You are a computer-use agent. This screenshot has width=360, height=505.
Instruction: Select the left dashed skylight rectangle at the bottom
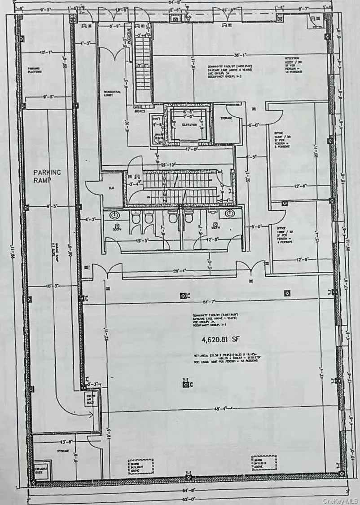pos(140,466)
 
